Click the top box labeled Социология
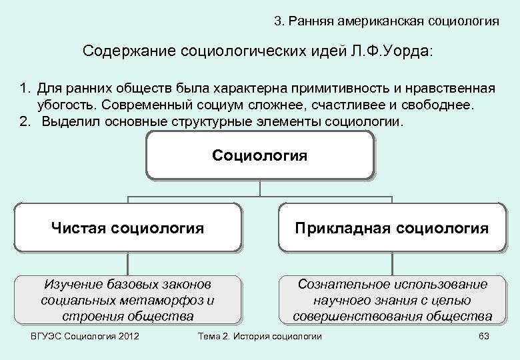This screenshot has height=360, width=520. pyautogui.click(x=259, y=155)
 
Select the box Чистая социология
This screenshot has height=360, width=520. pyautogui.click(x=127, y=229)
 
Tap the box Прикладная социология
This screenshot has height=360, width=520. pyautogui.click(x=392, y=229)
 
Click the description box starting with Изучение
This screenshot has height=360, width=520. pyautogui.click(x=127, y=300)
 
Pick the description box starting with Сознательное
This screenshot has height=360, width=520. pyautogui.click(x=392, y=300)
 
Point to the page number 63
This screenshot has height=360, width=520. pyautogui.click(x=484, y=336)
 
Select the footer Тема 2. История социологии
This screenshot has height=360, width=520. pyautogui.click(x=260, y=336)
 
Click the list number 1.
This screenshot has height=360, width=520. pyautogui.click(x=25, y=89)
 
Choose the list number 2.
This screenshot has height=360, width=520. pyautogui.click(x=25, y=122)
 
